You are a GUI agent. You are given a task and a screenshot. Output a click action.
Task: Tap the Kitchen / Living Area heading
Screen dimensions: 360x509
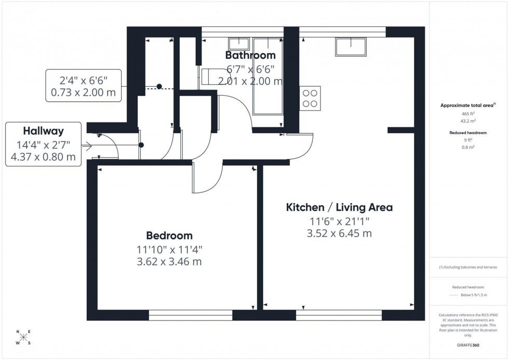[339, 207]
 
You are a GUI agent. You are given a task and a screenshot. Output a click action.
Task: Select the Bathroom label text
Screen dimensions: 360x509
[250, 55]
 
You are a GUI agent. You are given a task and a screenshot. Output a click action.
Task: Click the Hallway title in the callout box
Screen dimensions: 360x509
[44, 130]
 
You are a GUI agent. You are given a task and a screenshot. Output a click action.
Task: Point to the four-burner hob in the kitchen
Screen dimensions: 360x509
[310, 98]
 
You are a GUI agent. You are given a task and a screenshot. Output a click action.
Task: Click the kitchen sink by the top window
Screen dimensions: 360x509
[351, 46]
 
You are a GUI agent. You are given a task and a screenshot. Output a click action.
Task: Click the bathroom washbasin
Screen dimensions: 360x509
[239, 43]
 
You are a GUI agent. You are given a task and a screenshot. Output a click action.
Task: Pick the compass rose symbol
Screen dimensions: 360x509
[23, 337]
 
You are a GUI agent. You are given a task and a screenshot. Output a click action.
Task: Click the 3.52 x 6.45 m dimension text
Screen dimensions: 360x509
[339, 233]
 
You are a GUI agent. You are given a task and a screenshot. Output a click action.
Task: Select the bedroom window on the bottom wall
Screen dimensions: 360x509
[190, 315]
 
